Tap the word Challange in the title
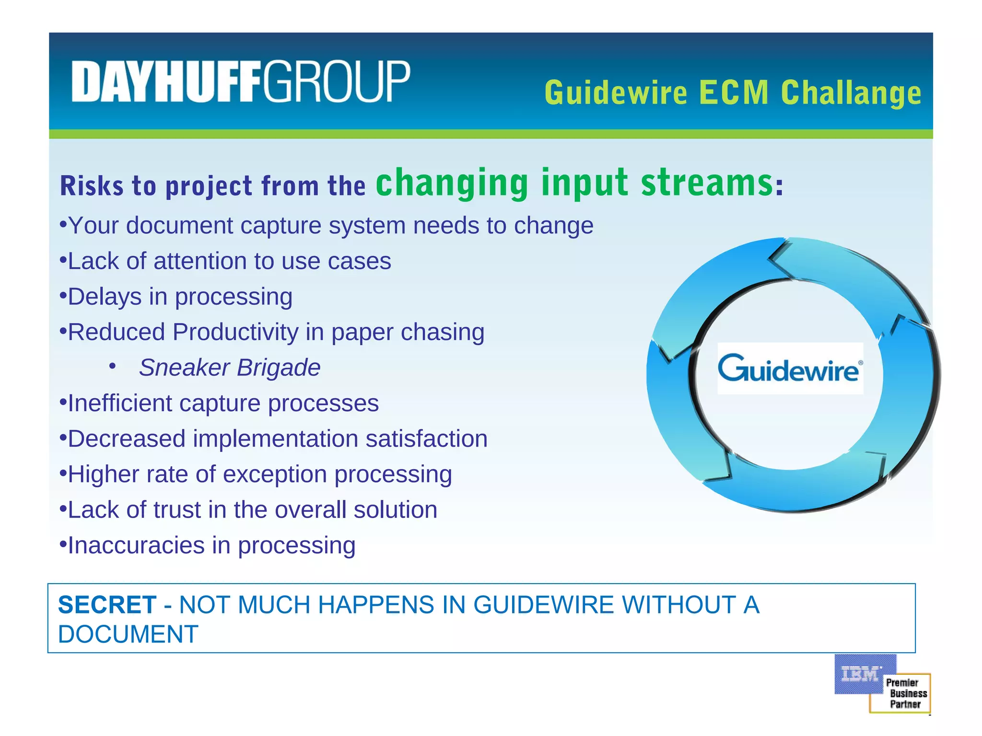pos(851,93)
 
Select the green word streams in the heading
pos(707,183)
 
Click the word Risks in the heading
pos(92,186)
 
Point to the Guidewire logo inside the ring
pos(790,368)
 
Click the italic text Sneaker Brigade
pos(230,368)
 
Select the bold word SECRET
pos(107,605)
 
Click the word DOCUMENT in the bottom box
pos(128,634)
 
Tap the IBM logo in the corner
pos(861,674)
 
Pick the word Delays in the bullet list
pos(105,297)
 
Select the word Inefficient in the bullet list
pos(120,403)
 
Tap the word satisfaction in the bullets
pos(426,439)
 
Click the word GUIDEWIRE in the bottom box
pos(544,605)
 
